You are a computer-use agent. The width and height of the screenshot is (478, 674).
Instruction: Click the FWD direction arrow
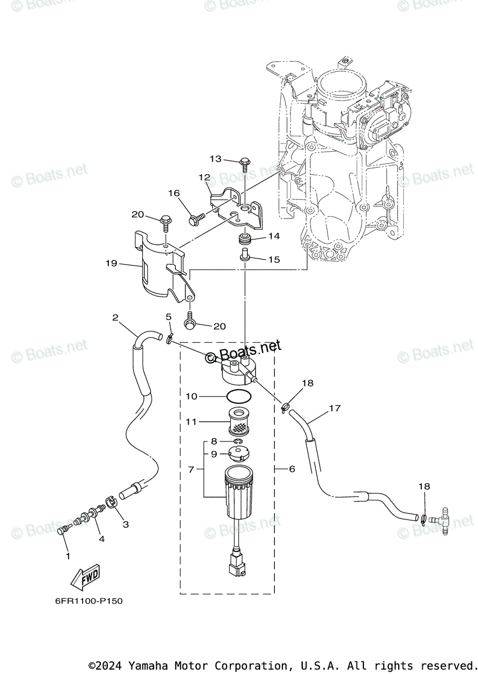pyautogui.click(x=84, y=578)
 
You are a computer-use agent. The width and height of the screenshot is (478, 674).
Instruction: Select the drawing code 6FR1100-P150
pyautogui.click(x=89, y=601)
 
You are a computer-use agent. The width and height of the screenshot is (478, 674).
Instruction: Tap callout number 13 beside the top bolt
pyautogui.click(x=216, y=159)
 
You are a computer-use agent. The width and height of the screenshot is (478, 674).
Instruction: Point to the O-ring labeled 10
pyautogui.click(x=239, y=396)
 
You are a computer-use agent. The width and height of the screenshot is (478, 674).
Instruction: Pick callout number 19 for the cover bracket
pyautogui.click(x=111, y=263)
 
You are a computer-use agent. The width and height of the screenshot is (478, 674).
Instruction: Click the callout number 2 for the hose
pyautogui.click(x=115, y=317)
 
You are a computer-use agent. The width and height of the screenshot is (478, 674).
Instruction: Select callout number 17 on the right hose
pyautogui.click(x=335, y=408)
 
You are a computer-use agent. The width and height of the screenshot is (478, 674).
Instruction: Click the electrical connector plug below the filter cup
pyautogui.click(x=238, y=564)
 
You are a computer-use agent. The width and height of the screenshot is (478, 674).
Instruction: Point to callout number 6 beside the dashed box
pyautogui.click(x=292, y=468)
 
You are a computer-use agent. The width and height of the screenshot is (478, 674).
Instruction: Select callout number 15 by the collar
pyautogui.click(x=273, y=259)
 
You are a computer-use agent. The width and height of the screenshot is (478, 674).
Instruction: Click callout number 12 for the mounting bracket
pyautogui.click(x=203, y=177)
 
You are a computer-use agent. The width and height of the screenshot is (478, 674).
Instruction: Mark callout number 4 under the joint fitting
pyautogui.click(x=102, y=539)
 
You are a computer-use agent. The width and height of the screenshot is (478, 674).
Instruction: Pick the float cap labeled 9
pyautogui.click(x=240, y=454)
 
